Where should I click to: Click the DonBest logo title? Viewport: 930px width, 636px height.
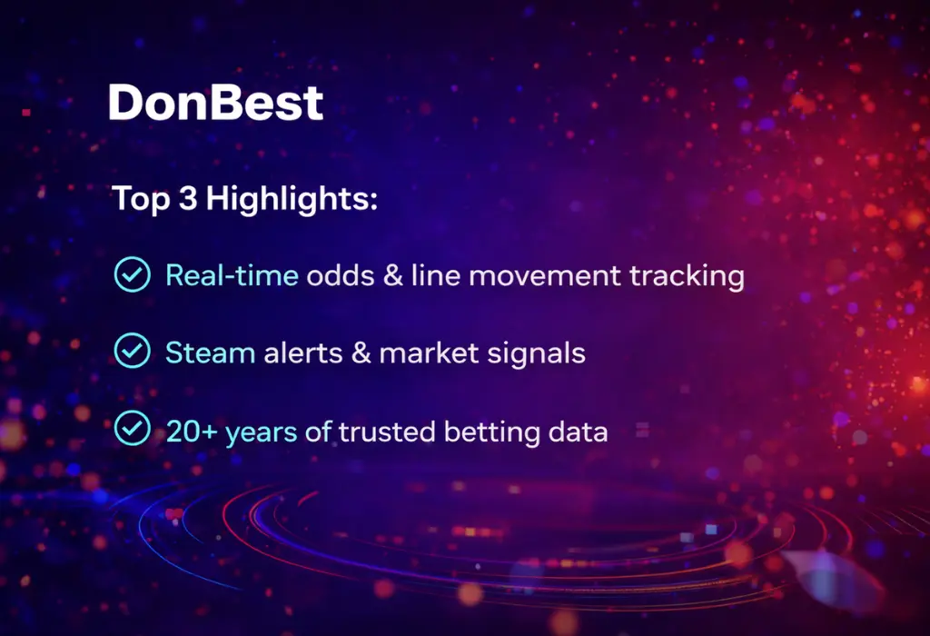click(x=216, y=102)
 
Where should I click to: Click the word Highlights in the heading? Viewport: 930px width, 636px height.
click(x=292, y=199)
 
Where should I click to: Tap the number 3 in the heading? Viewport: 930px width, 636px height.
click(x=187, y=197)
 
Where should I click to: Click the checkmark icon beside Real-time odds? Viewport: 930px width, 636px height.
click(x=133, y=274)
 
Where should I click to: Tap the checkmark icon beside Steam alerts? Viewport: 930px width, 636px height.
click(x=133, y=351)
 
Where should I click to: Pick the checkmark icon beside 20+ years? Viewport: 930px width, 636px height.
click(x=133, y=428)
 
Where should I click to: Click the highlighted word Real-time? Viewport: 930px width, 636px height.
click(x=232, y=275)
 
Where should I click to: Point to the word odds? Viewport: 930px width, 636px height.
click(x=340, y=275)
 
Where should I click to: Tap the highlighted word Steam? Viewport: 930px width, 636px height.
click(x=211, y=353)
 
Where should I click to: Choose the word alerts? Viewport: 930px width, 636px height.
click(x=303, y=353)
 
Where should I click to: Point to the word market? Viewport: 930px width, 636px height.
click(x=429, y=353)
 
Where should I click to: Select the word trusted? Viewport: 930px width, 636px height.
click(x=387, y=432)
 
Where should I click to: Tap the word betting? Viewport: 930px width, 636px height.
click(x=492, y=432)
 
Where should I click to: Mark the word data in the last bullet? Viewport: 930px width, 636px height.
click(x=579, y=432)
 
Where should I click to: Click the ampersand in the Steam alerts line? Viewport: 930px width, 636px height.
click(x=361, y=353)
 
